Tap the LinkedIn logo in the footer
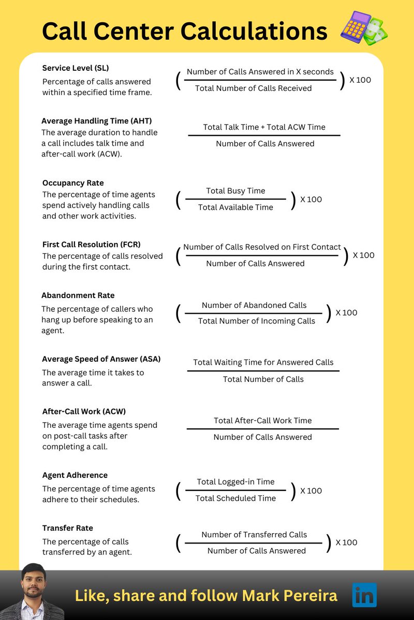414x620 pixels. pyautogui.click(x=364, y=595)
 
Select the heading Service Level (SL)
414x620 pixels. pyautogui.click(x=76, y=68)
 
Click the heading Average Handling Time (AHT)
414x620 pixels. pyautogui.click(x=96, y=121)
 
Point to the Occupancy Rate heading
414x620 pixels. pyautogui.click(x=73, y=183)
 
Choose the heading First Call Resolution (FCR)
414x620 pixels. pyautogui.click(x=91, y=244)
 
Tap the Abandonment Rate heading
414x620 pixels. pyautogui.click(x=78, y=296)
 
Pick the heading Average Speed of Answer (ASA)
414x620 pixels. pyautogui.click(x=101, y=359)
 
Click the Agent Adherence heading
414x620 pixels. pyautogui.click(x=75, y=475)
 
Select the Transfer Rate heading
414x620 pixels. pyautogui.click(x=68, y=528)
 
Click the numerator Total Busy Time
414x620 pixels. pyautogui.click(x=235, y=191)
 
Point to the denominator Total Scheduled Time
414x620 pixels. pyautogui.click(x=235, y=498)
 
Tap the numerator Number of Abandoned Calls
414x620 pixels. pyautogui.click(x=254, y=305)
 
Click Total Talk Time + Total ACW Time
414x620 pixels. pyautogui.click(x=264, y=127)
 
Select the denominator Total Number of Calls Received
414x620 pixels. pyautogui.click(x=253, y=88)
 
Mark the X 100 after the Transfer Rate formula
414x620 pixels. pyautogui.click(x=346, y=542)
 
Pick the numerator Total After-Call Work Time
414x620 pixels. pyautogui.click(x=262, y=421)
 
